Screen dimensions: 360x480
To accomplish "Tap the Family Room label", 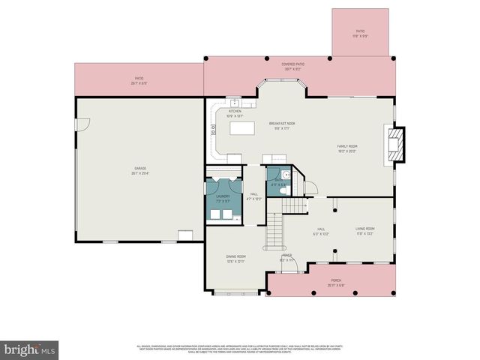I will (346, 148).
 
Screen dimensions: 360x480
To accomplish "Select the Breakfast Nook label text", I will (281, 124).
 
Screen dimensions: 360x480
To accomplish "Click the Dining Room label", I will (236, 258).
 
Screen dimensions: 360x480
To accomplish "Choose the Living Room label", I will (364, 230).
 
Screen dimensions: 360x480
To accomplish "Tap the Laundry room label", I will (223, 199).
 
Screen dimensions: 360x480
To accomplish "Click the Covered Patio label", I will (292, 66).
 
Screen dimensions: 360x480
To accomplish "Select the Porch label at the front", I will (335, 283).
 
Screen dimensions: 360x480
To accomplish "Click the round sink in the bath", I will (275, 172).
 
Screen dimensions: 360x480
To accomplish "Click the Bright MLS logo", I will (29, 349).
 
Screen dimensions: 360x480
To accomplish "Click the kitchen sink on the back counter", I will (234, 103).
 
